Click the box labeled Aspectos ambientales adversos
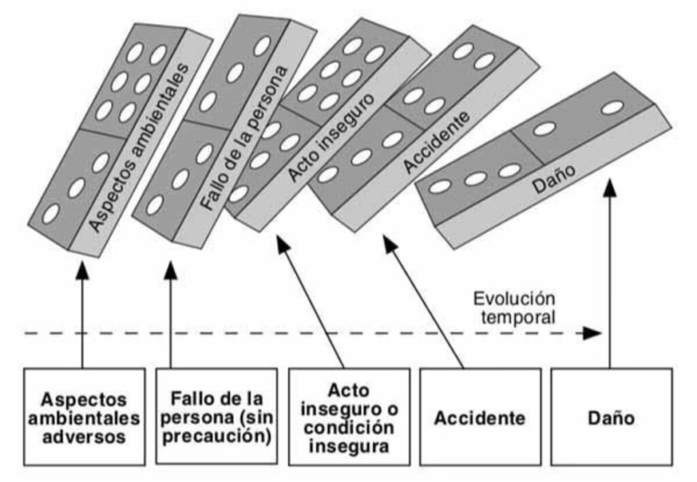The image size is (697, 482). coord(84,417)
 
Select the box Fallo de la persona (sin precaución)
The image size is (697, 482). coord(216,417)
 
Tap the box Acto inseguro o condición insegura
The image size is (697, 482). coord(348,417)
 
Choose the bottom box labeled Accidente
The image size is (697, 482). coord(480,417)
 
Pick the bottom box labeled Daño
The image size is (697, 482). coord(611,417)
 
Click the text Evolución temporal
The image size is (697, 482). coord(515,307)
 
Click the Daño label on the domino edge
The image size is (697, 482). coord(547,180)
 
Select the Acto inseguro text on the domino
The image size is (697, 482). coord(330,137)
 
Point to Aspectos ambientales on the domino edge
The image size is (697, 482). coord(140,146)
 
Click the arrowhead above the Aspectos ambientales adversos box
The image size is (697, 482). coord(82,270)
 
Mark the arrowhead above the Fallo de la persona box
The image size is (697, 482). coord(170,270)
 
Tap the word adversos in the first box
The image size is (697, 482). coord(84,436)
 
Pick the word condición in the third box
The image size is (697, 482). coord(348,428)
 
